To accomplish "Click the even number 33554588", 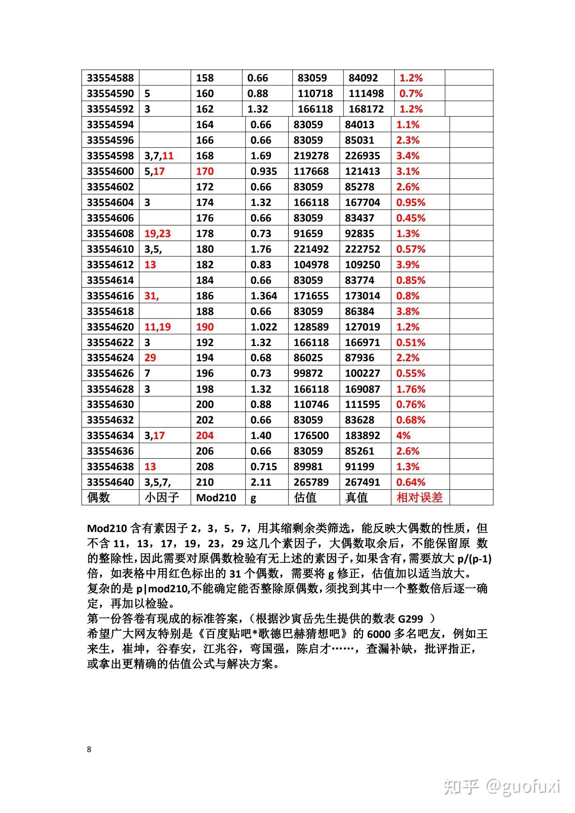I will click(110, 78).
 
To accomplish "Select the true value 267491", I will click(362, 482).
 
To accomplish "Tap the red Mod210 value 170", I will click(205, 172).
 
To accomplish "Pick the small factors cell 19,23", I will click(157, 234).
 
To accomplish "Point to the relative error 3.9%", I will click(408, 265).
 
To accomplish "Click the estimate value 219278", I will click(311, 156).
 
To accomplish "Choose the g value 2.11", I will click(261, 482).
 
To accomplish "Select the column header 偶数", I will click(98, 498).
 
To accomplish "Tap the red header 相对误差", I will click(419, 498).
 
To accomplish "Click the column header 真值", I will click(356, 498).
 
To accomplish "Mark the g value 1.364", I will click(264, 296).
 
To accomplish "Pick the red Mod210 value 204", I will click(205, 435).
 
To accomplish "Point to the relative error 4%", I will click(403, 435).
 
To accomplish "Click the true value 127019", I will click(362, 327).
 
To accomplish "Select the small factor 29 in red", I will click(150, 358).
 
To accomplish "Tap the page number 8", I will click(89, 749).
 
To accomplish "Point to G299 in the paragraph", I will click(410, 619).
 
